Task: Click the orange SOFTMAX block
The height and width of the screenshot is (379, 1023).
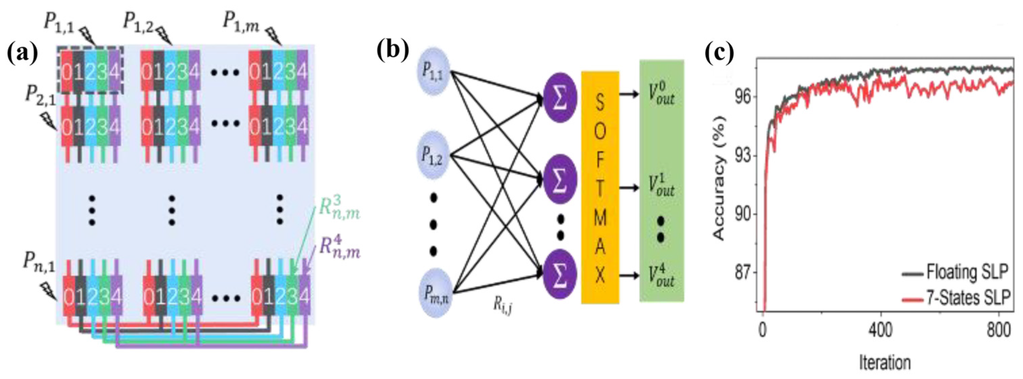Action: tap(600, 187)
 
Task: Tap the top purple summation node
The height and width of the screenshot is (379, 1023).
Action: tap(560, 98)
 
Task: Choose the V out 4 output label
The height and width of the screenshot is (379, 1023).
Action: tap(661, 275)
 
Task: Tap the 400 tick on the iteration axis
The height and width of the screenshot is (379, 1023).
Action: tap(881, 331)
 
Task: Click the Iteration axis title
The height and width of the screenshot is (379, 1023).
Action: tap(885, 363)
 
